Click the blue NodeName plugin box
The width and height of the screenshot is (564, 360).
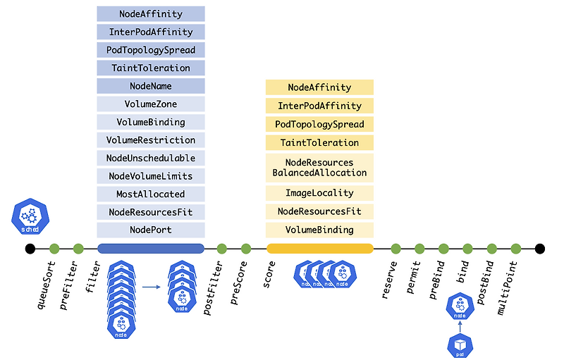tap(151, 86)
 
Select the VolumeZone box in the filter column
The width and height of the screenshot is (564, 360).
tap(151, 104)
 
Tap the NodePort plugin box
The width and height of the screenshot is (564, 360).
tap(151, 230)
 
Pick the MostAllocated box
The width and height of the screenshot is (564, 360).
tap(151, 194)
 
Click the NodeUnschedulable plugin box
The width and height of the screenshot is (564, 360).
tap(151, 158)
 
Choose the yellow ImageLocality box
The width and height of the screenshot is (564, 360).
tap(319, 193)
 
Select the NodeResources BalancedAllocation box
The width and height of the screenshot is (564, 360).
tap(319, 168)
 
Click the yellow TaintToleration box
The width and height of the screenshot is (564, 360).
tap(319, 142)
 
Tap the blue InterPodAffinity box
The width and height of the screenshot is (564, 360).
tap(151, 32)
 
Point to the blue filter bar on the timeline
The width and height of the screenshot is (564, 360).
tap(151, 248)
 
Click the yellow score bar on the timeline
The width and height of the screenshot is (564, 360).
tap(319, 248)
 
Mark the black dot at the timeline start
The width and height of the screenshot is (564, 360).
tap(30, 248)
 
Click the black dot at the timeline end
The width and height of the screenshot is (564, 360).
tap(540, 248)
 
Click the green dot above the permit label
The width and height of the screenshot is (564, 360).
tap(419, 248)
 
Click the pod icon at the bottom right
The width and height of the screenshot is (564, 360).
tap(460, 345)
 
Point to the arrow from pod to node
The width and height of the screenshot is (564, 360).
tap(460, 326)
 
